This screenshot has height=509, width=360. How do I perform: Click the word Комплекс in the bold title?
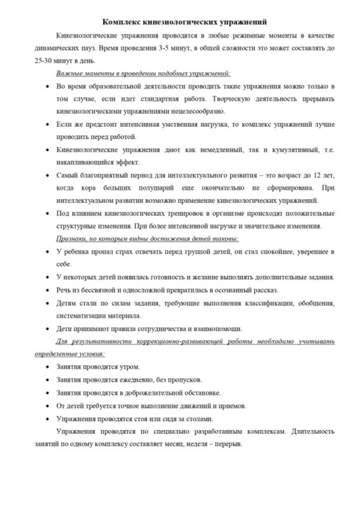coord(121,22)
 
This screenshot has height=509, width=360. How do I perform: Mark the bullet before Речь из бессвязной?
coord(47,290)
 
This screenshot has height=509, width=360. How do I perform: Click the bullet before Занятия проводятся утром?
coord(47,367)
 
